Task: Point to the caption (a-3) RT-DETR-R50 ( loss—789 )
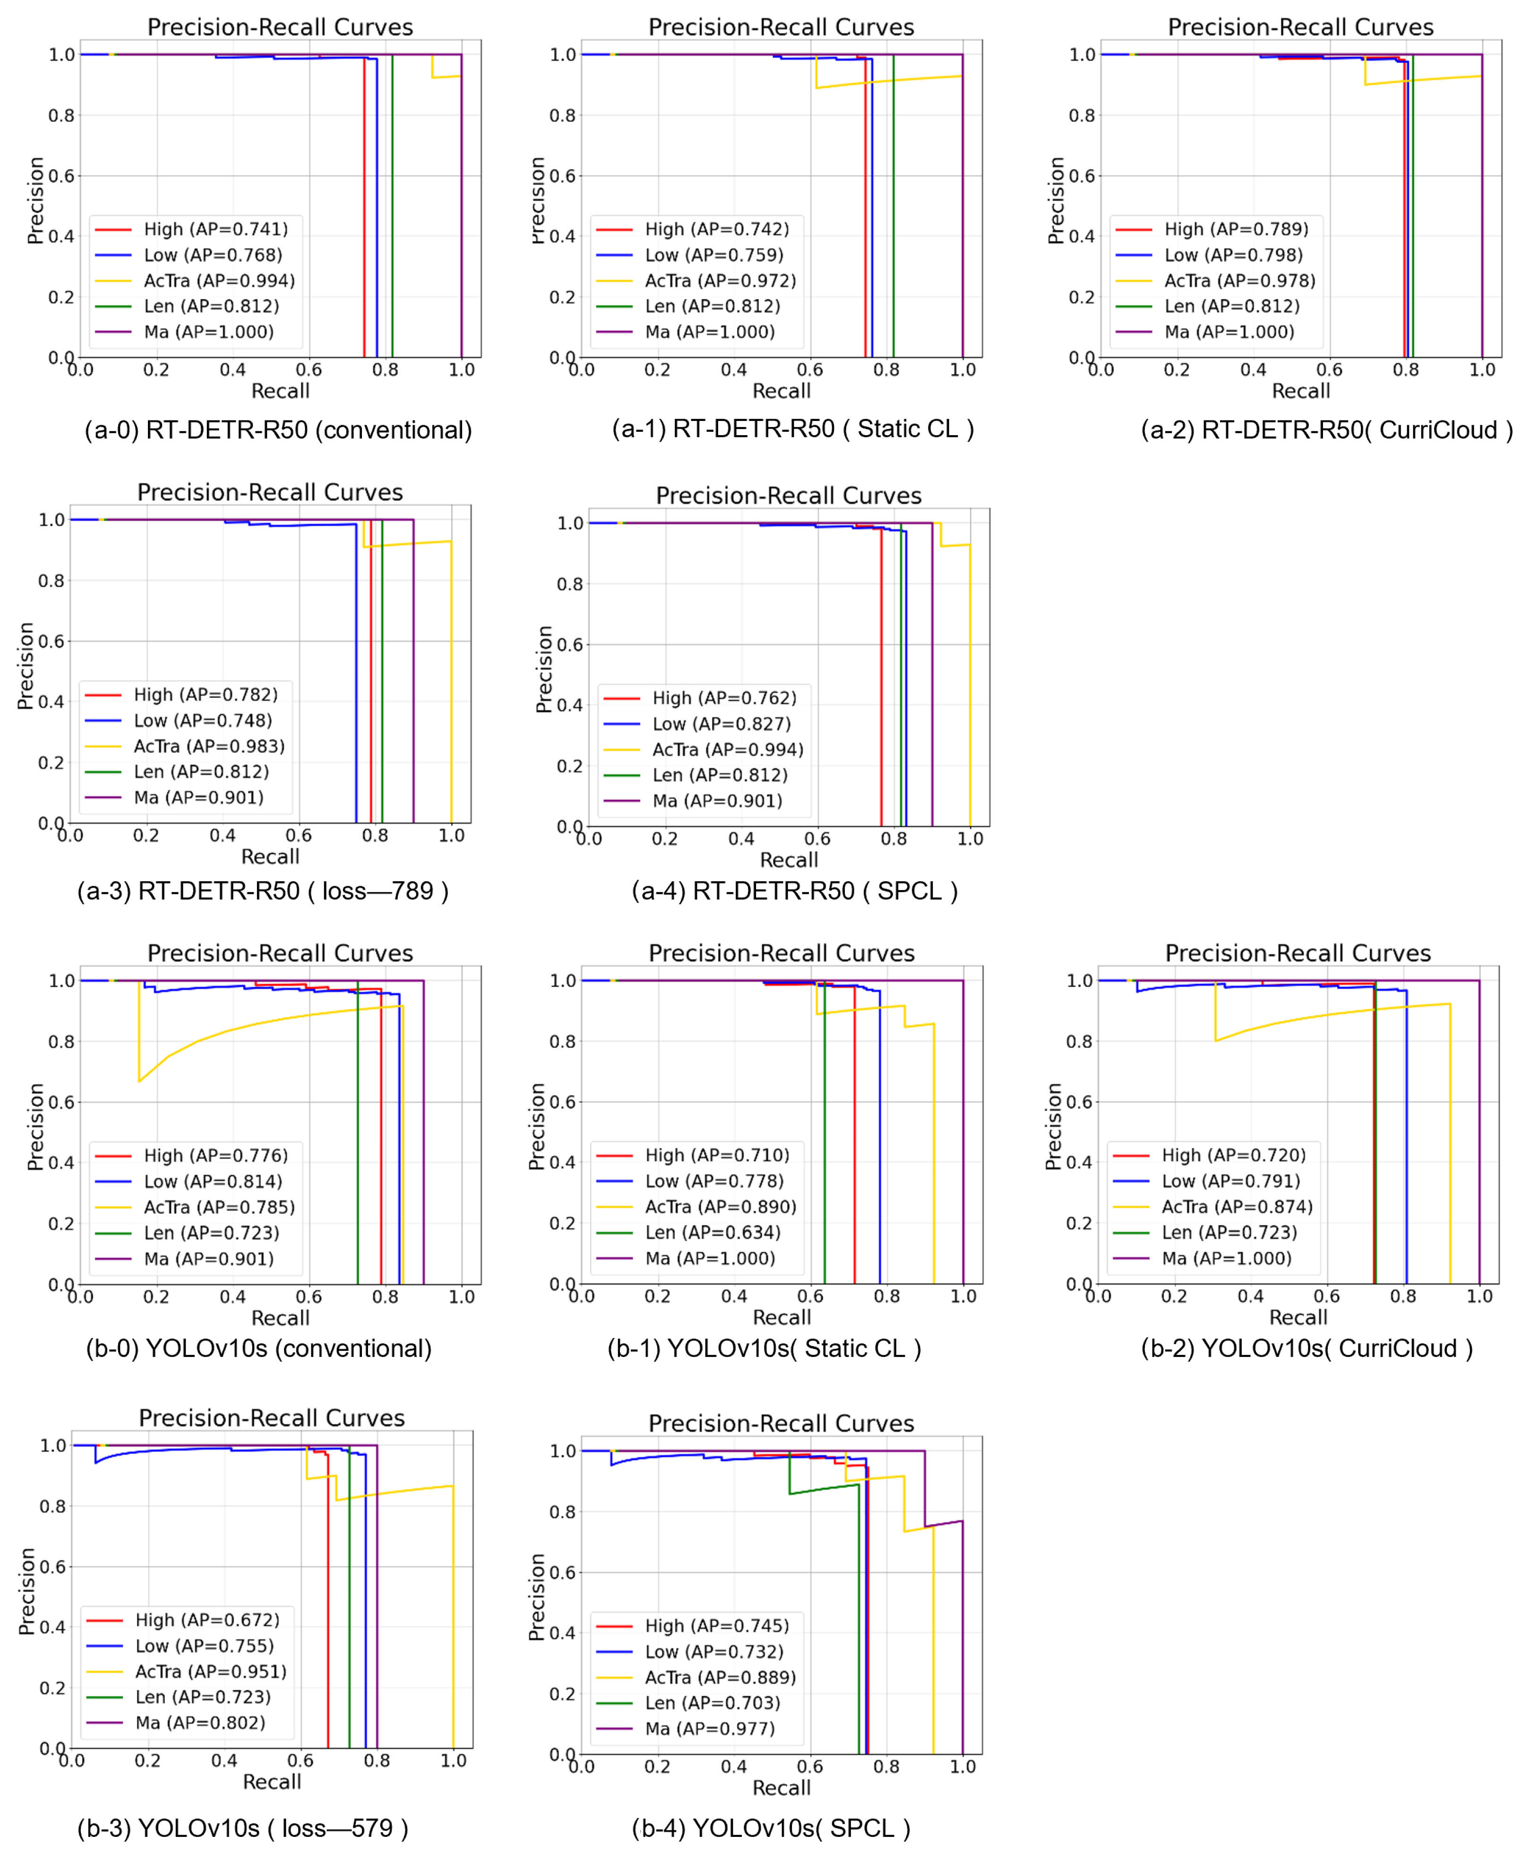click(x=263, y=891)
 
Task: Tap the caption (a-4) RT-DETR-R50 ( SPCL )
click(x=795, y=891)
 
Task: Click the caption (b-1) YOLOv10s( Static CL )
click(x=764, y=1348)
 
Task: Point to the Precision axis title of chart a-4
click(x=544, y=669)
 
